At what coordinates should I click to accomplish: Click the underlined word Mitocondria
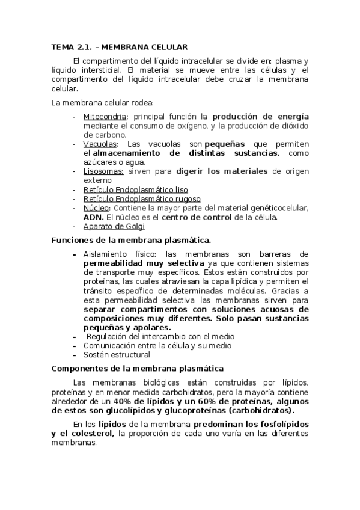[105, 116]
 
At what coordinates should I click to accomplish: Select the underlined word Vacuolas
[101, 144]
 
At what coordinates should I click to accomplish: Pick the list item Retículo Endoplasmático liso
[135, 190]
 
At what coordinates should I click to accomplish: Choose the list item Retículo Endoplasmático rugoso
[142, 199]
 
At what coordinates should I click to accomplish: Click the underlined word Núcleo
[96, 208]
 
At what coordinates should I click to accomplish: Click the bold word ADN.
[93, 217]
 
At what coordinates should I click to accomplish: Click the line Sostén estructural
[117, 355]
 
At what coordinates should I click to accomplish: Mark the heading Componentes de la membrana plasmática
[138, 369]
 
